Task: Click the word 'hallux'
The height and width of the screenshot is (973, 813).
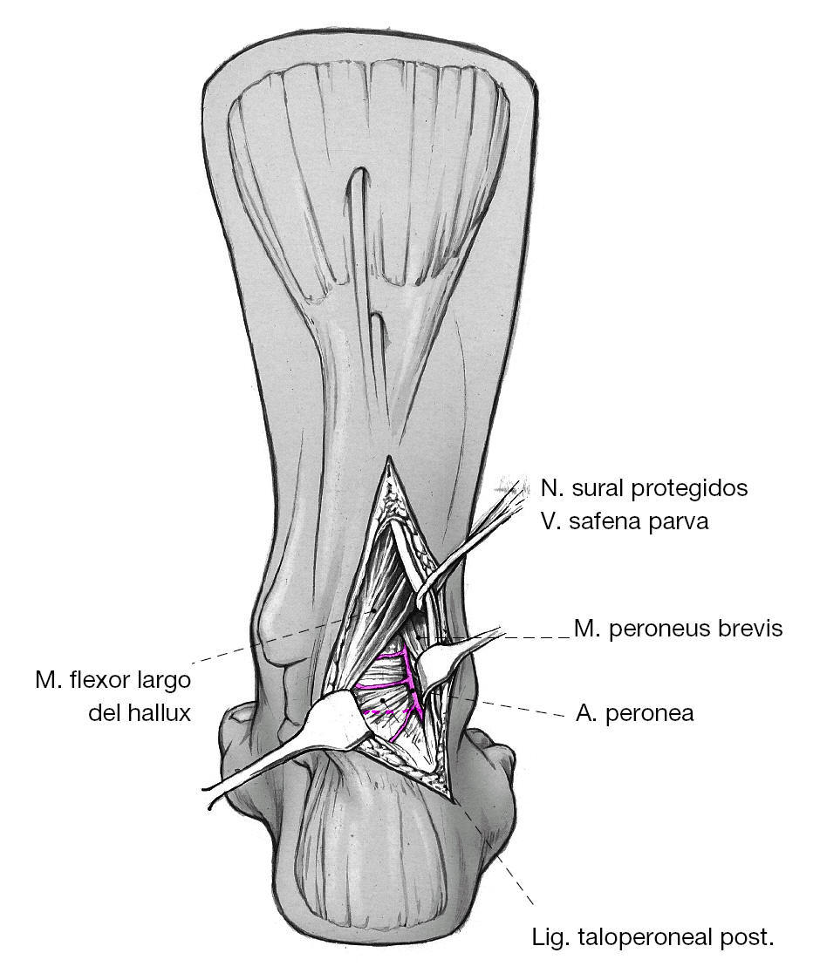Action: pos(161,712)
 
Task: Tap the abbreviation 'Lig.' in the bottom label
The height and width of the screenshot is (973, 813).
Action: pos(551,939)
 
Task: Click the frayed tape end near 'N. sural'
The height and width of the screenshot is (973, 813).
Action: pos(516,493)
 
